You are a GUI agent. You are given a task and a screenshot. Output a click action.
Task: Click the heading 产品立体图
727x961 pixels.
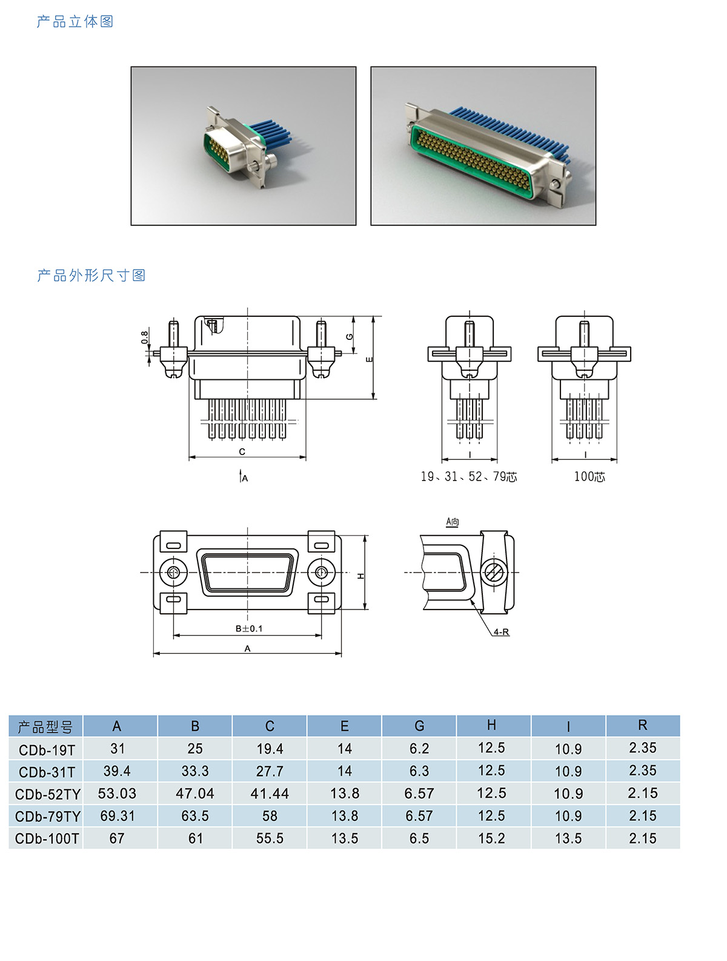pos(75,21)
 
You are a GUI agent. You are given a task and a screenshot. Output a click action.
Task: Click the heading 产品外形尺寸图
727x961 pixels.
pos(91,275)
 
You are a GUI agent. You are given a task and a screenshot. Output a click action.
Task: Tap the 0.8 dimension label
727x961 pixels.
pos(144,337)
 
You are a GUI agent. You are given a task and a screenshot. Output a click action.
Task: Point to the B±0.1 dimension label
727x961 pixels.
pos(248,628)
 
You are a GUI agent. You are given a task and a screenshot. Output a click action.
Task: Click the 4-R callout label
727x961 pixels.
pos(501,632)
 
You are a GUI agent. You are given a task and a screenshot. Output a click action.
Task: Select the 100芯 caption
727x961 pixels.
pos(589,476)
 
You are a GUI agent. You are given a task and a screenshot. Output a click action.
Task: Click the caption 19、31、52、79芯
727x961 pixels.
pos(468,476)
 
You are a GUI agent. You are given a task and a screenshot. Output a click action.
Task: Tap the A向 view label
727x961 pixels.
pos(452,522)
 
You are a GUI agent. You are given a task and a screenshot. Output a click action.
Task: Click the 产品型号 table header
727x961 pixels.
pos(45,727)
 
